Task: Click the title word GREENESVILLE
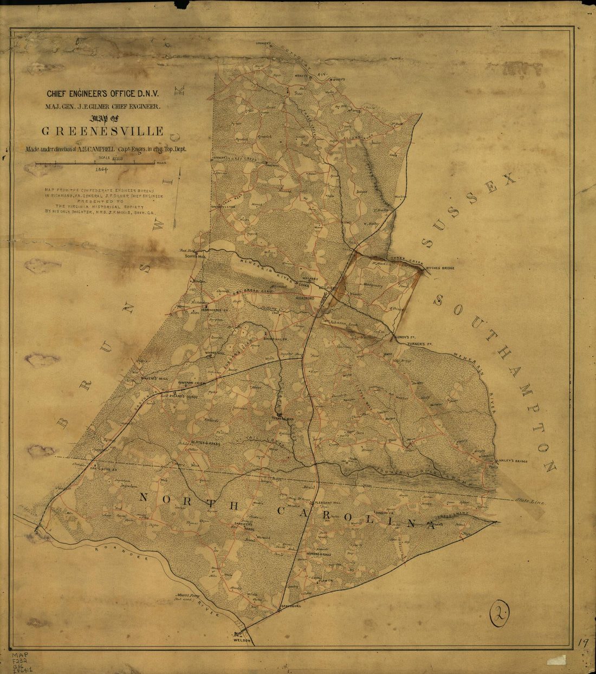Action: [x=103, y=131]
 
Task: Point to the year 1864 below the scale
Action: [x=101, y=169]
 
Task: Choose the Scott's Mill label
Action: [x=196, y=256]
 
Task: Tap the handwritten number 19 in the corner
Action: [x=582, y=643]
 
